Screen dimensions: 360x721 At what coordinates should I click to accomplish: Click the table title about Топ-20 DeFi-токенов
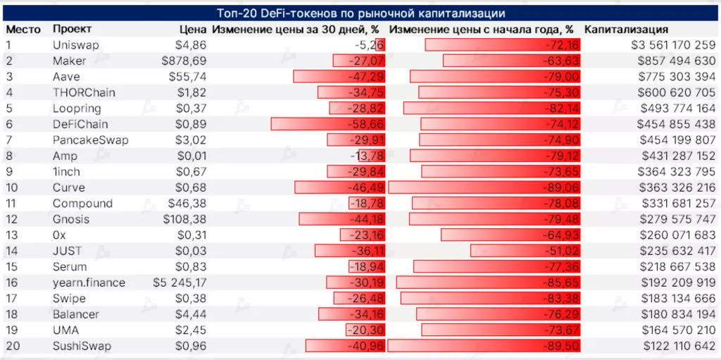click(x=360, y=13)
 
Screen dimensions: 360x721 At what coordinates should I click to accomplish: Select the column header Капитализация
click(x=626, y=30)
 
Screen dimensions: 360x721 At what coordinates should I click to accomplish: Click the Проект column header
click(x=72, y=29)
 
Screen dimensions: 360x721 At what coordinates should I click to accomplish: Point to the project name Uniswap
click(x=76, y=45)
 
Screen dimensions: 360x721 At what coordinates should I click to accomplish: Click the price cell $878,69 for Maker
click(x=184, y=61)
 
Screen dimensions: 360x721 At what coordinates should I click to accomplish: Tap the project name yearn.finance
click(x=89, y=283)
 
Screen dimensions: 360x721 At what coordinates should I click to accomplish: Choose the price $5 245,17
click(x=180, y=283)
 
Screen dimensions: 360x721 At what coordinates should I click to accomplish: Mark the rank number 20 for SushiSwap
click(x=13, y=346)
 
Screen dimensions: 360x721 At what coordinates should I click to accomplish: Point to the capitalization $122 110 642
click(x=679, y=346)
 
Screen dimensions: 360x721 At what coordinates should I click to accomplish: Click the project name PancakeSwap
click(x=90, y=139)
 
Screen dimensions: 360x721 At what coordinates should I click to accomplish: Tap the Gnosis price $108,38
click(x=184, y=219)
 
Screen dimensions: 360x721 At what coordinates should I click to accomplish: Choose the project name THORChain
click(x=84, y=92)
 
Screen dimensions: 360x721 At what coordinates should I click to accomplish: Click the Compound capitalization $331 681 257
click(x=677, y=203)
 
